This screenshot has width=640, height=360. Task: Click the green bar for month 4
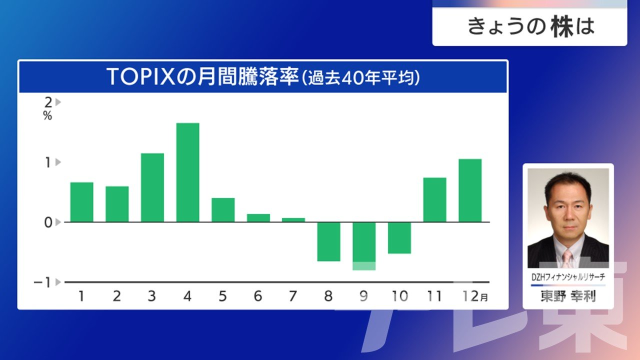click(x=187, y=172)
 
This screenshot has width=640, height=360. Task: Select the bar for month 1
click(x=81, y=202)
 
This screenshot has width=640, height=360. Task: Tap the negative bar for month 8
click(x=329, y=241)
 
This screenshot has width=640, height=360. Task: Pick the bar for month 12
click(x=470, y=190)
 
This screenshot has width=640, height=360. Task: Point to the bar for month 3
click(x=152, y=187)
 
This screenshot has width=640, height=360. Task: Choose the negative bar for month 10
click(x=399, y=238)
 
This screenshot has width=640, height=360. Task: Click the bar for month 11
click(x=435, y=199)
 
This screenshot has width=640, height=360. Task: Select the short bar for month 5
click(x=223, y=210)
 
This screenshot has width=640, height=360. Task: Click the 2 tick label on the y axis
click(x=48, y=102)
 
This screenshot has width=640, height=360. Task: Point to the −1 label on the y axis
click(x=42, y=282)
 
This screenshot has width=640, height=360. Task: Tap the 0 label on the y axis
click(x=48, y=222)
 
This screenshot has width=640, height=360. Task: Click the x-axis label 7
click(x=293, y=296)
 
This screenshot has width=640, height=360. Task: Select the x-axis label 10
click(x=399, y=296)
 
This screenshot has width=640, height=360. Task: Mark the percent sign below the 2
click(x=47, y=115)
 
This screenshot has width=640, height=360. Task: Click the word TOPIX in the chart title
click(x=140, y=76)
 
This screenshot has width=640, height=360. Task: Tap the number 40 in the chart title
click(x=350, y=77)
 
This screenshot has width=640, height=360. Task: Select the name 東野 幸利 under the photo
click(x=568, y=296)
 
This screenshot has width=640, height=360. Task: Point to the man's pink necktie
click(x=567, y=258)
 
